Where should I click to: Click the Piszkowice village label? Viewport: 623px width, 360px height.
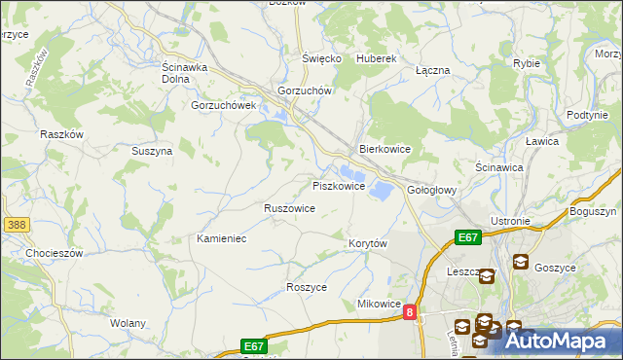click(x=338, y=185)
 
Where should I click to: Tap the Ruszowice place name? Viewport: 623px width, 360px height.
click(x=289, y=208)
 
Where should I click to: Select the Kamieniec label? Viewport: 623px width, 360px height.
click(x=221, y=238)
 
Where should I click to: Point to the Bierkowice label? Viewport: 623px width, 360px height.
click(x=385, y=149)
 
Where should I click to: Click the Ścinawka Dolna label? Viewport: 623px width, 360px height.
click(x=179, y=73)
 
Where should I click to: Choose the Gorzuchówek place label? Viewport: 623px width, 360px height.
click(x=223, y=105)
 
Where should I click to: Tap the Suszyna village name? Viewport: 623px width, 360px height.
click(x=152, y=151)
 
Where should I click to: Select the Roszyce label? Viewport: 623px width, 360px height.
click(x=306, y=287)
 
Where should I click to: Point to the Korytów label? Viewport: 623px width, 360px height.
click(x=368, y=242)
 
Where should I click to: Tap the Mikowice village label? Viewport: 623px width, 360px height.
click(x=380, y=304)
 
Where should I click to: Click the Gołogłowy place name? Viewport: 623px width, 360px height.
click(x=431, y=190)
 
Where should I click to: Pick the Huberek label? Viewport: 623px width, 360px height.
click(x=377, y=58)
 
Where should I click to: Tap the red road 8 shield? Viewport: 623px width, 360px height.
click(x=411, y=312)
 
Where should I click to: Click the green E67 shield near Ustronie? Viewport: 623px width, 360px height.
click(x=468, y=236)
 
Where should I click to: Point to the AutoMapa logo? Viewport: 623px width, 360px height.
click(x=555, y=341)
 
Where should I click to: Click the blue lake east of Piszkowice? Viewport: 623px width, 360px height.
click(x=381, y=189)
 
